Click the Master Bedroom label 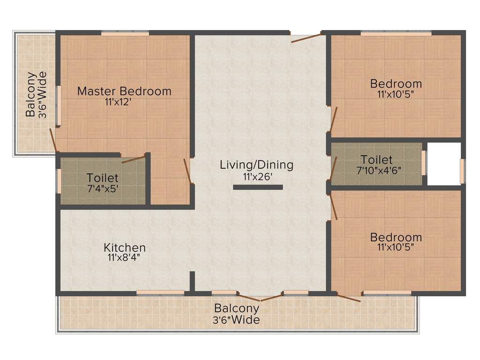click(124, 90)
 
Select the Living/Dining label click(256, 165)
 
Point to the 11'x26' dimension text click(256, 176)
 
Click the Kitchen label click(125, 247)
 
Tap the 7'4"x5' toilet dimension click(102, 189)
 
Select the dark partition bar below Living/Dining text click(258, 187)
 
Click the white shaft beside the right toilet click(443, 164)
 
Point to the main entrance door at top click(306, 37)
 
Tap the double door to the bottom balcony click(260, 297)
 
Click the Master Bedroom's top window click(125, 33)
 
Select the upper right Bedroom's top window click(396, 33)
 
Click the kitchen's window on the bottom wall click(160, 292)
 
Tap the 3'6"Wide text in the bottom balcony click(237, 320)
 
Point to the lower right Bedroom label click(396, 237)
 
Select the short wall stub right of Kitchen click(192, 281)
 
